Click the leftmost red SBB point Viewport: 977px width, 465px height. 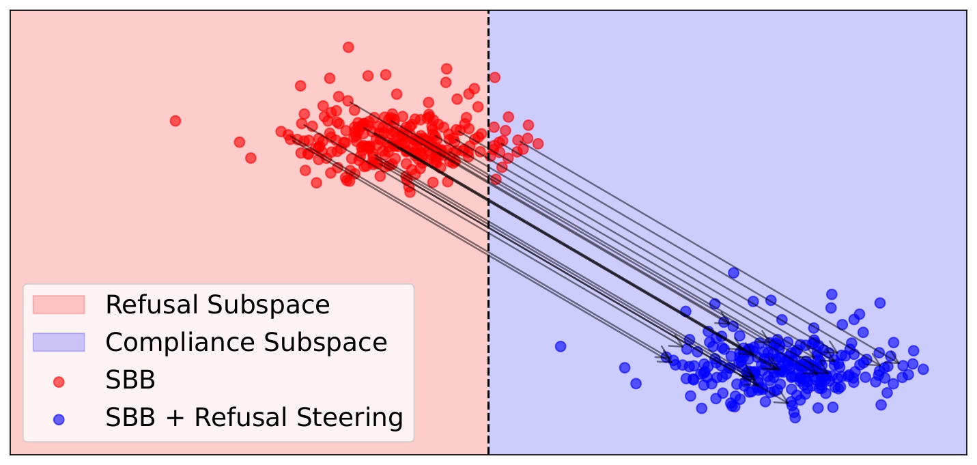[x=175, y=121]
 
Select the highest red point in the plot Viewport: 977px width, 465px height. [x=348, y=47]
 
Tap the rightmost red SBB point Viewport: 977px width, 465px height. [x=538, y=143]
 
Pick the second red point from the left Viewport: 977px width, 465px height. [x=240, y=142]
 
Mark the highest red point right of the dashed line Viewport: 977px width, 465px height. [x=494, y=78]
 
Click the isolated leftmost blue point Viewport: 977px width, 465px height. [x=561, y=346]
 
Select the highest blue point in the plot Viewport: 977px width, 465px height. [x=733, y=272]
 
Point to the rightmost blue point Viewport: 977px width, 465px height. [x=923, y=369]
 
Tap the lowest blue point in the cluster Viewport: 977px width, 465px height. [x=795, y=417]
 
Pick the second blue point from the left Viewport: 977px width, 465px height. [x=625, y=367]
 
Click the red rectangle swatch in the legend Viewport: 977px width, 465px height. [x=59, y=305]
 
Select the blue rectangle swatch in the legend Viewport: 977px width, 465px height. [x=59, y=342]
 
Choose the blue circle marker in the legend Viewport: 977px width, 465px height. [x=59, y=419]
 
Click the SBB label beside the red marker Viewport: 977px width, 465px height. [x=130, y=380]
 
